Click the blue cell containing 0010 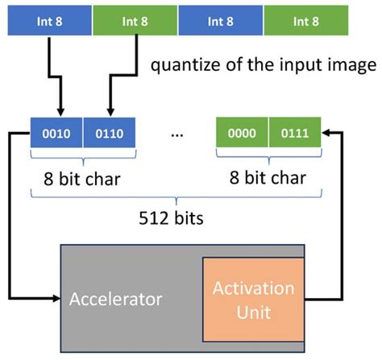coord(56,134)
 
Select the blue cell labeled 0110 coord(108,134)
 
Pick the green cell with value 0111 coord(294,134)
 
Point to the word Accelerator coord(115,300)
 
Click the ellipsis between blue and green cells coord(176,134)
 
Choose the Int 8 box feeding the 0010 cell coord(50,19)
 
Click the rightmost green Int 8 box coord(305,19)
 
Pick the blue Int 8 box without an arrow coord(220,19)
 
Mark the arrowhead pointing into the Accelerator coord(56,300)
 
